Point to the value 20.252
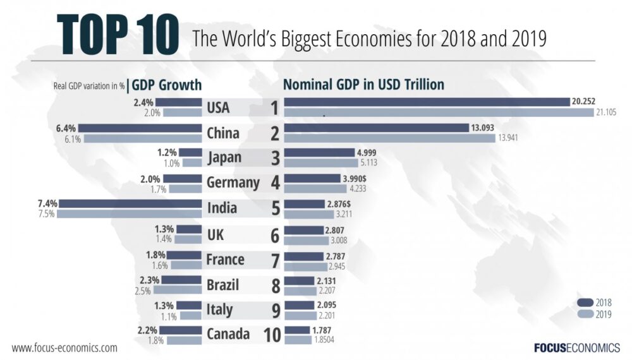point(584,102)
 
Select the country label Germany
point(233,183)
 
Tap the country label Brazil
point(223,285)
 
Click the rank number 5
point(275,209)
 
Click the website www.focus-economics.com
point(64,347)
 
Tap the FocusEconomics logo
point(576,347)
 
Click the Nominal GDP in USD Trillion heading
point(363,85)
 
